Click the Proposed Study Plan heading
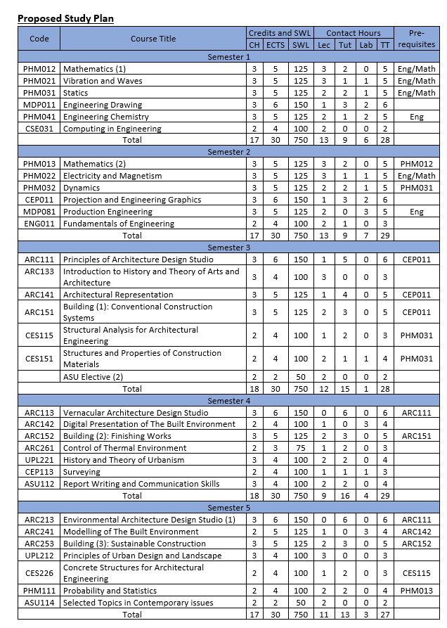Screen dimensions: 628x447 pos(66,18)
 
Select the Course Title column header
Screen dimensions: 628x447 pos(153,39)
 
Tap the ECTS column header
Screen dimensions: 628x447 pos(276,45)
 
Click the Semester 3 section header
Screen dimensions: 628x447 pos(228,247)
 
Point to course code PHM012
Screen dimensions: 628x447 pos(39,69)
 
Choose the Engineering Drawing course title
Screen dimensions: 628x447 pos(103,105)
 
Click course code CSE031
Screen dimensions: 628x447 pos(39,129)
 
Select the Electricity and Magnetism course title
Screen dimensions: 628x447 pos(112,176)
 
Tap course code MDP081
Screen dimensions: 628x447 pos(39,212)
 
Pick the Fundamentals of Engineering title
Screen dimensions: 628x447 pos(119,224)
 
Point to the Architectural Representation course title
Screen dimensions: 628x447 pos(118,295)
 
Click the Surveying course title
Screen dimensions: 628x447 pos(82,472)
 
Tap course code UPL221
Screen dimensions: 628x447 pos(39,460)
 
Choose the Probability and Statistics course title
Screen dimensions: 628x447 pos(110,591)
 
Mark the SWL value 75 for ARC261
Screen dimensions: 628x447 pos(301,448)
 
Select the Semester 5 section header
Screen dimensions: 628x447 pos(228,508)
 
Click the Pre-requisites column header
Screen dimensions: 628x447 pos(416,39)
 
